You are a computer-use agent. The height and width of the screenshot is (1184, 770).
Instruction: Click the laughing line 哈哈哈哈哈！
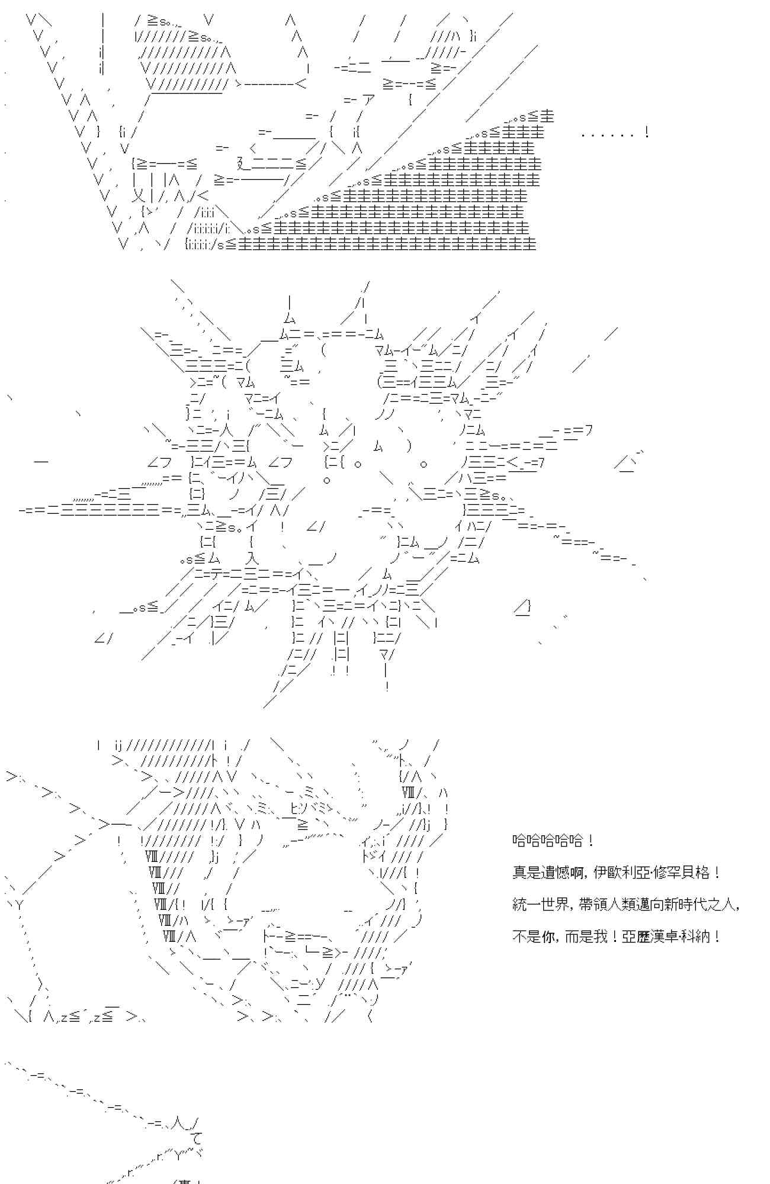point(553,841)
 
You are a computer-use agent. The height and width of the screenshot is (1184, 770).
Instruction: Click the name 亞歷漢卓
point(647,937)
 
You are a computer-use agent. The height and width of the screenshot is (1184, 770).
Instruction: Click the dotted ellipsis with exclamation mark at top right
point(615,133)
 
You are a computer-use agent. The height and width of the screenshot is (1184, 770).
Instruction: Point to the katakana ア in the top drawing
point(368,99)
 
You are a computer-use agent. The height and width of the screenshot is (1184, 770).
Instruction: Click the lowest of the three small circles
point(326,480)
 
